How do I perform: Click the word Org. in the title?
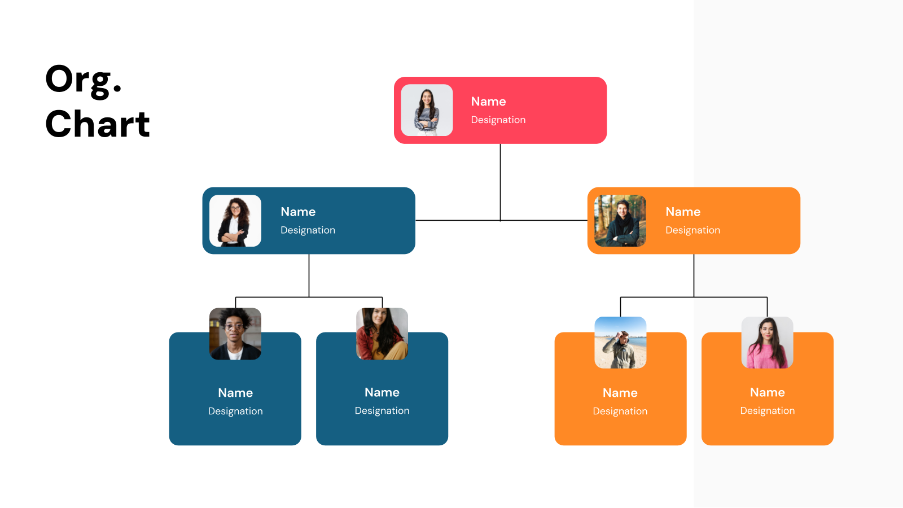click(84, 80)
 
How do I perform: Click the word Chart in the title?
click(98, 124)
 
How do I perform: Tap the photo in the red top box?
click(427, 110)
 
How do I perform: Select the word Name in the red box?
click(488, 102)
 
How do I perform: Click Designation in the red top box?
click(498, 120)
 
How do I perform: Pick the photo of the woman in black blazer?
click(235, 221)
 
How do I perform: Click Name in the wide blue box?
click(298, 212)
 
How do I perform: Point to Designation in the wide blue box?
click(308, 230)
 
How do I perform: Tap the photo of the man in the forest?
click(620, 221)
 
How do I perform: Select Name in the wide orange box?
click(683, 212)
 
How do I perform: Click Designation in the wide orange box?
click(692, 230)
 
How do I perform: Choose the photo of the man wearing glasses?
click(235, 334)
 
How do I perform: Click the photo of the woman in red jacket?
click(382, 334)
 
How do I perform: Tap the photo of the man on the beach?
click(620, 343)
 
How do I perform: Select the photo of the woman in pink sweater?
click(767, 343)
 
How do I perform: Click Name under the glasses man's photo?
click(235, 393)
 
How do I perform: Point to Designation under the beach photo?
click(620, 411)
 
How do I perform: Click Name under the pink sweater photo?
click(767, 392)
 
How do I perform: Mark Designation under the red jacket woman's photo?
click(382, 411)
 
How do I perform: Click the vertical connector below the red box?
click(500, 181)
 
